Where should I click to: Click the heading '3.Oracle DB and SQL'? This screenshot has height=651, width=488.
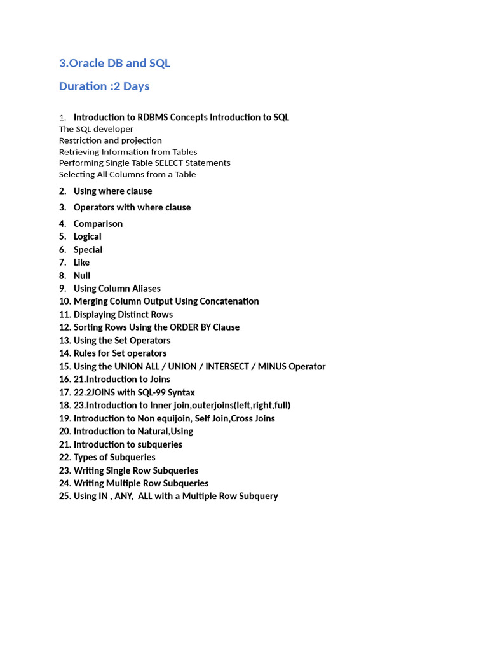(x=114, y=63)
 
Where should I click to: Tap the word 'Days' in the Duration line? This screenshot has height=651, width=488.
(x=137, y=86)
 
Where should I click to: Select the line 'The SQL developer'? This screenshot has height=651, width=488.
(x=96, y=129)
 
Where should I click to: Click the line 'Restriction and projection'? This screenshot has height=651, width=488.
(x=110, y=140)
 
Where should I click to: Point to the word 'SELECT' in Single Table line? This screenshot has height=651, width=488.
(x=168, y=163)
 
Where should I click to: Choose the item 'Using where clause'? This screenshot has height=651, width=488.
(x=112, y=191)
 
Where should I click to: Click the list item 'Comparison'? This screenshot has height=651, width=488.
(x=98, y=224)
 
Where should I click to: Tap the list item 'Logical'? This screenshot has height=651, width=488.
(x=87, y=236)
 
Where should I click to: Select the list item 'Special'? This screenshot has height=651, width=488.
(x=88, y=250)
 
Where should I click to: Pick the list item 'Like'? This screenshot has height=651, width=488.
(x=81, y=263)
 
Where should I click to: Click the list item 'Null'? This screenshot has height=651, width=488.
(x=82, y=276)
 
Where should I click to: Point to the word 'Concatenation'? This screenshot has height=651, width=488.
(x=229, y=301)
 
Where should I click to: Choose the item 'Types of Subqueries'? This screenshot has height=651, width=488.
(x=114, y=458)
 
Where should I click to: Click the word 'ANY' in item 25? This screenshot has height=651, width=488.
(x=123, y=497)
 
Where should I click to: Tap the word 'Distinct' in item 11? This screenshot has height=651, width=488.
(x=134, y=315)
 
